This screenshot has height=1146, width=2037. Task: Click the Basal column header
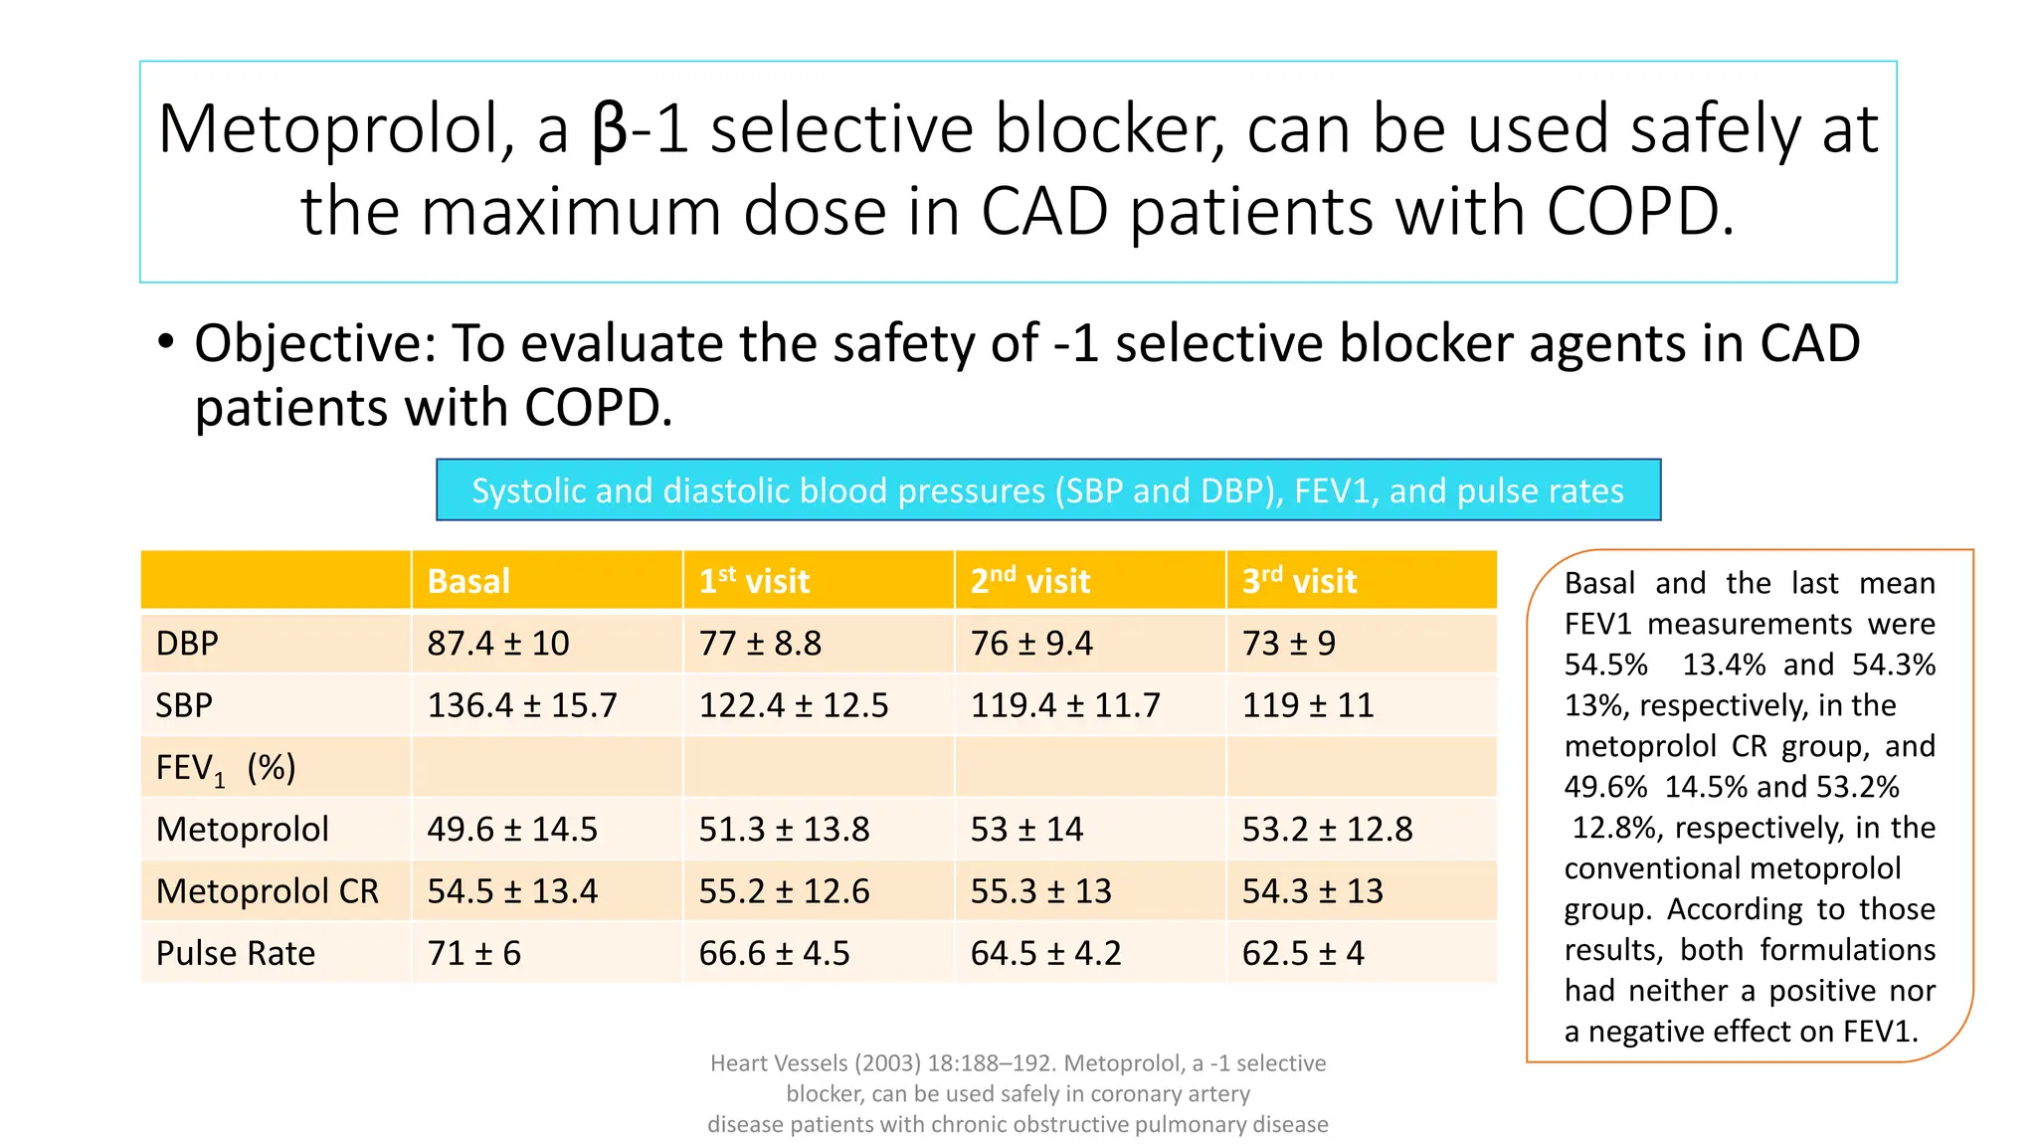click(468, 581)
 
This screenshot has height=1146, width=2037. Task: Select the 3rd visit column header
click(1299, 581)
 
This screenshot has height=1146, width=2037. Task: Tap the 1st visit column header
click(754, 581)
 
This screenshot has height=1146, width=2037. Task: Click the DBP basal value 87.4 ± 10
click(497, 644)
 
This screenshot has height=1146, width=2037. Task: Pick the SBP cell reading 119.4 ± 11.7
click(1065, 705)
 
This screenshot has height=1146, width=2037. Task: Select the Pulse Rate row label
click(236, 953)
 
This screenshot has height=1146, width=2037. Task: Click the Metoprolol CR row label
click(268, 891)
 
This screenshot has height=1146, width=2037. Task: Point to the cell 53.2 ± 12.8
click(1327, 829)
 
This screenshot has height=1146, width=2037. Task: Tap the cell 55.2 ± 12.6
click(784, 891)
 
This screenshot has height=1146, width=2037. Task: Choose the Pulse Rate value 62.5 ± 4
click(1303, 953)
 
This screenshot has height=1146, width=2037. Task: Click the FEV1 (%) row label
click(226, 768)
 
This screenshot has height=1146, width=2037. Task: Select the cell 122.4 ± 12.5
click(794, 705)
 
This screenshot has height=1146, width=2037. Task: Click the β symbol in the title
click(610, 131)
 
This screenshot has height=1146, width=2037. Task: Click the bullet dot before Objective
click(166, 342)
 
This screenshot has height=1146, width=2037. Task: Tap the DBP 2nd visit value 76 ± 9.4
click(1031, 644)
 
